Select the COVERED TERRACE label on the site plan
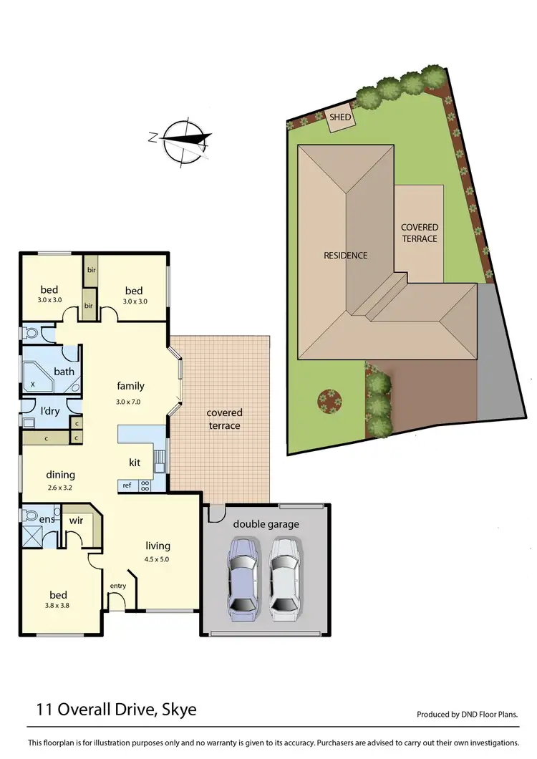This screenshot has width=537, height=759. [420, 233]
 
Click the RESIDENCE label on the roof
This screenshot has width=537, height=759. [346, 255]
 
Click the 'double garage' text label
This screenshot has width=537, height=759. [266, 524]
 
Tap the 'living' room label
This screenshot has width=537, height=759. [158, 546]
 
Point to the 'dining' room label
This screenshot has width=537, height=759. [61, 474]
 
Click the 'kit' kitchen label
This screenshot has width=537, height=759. [135, 463]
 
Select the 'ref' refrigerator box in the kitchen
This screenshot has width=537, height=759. [127, 485]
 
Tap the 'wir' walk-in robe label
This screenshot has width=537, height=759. [77, 520]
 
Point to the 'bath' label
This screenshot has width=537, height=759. [64, 371]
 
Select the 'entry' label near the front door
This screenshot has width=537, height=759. [117, 586]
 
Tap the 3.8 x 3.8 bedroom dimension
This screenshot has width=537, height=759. [58, 606]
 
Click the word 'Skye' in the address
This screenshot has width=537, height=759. [175, 710]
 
